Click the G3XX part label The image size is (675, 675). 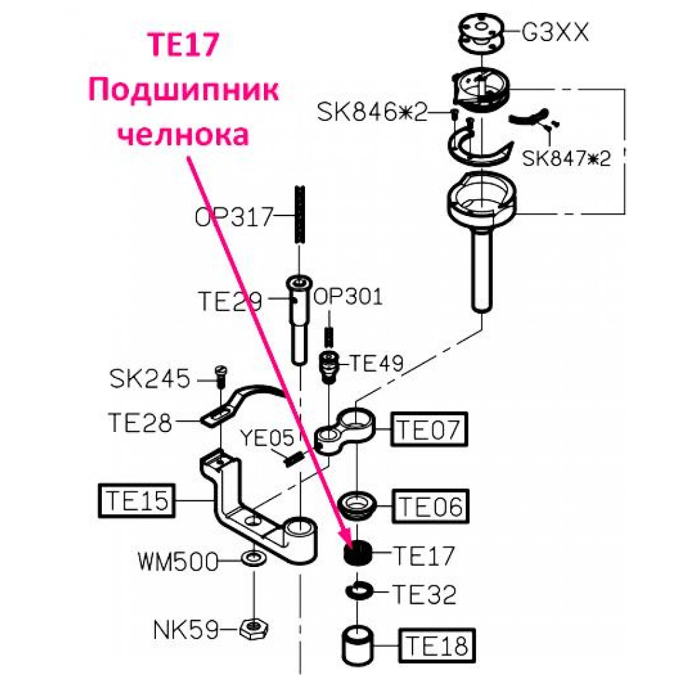click(555, 32)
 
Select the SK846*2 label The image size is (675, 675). click(372, 112)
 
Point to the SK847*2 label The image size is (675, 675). click(566, 158)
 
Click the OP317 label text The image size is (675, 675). click(234, 217)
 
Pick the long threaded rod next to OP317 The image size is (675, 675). click(300, 215)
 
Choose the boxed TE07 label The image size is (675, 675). click(429, 429)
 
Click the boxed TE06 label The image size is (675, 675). click(430, 506)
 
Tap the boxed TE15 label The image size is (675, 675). click(137, 500)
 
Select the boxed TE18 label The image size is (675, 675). click(437, 646)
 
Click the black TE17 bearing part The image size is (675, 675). click(357, 553)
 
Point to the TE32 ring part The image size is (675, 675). click(357, 590)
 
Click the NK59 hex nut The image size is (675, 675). click(254, 629)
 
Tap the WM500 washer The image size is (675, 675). click(254, 559)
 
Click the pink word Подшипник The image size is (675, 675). click(184, 91)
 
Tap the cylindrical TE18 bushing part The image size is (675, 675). click(357, 645)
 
